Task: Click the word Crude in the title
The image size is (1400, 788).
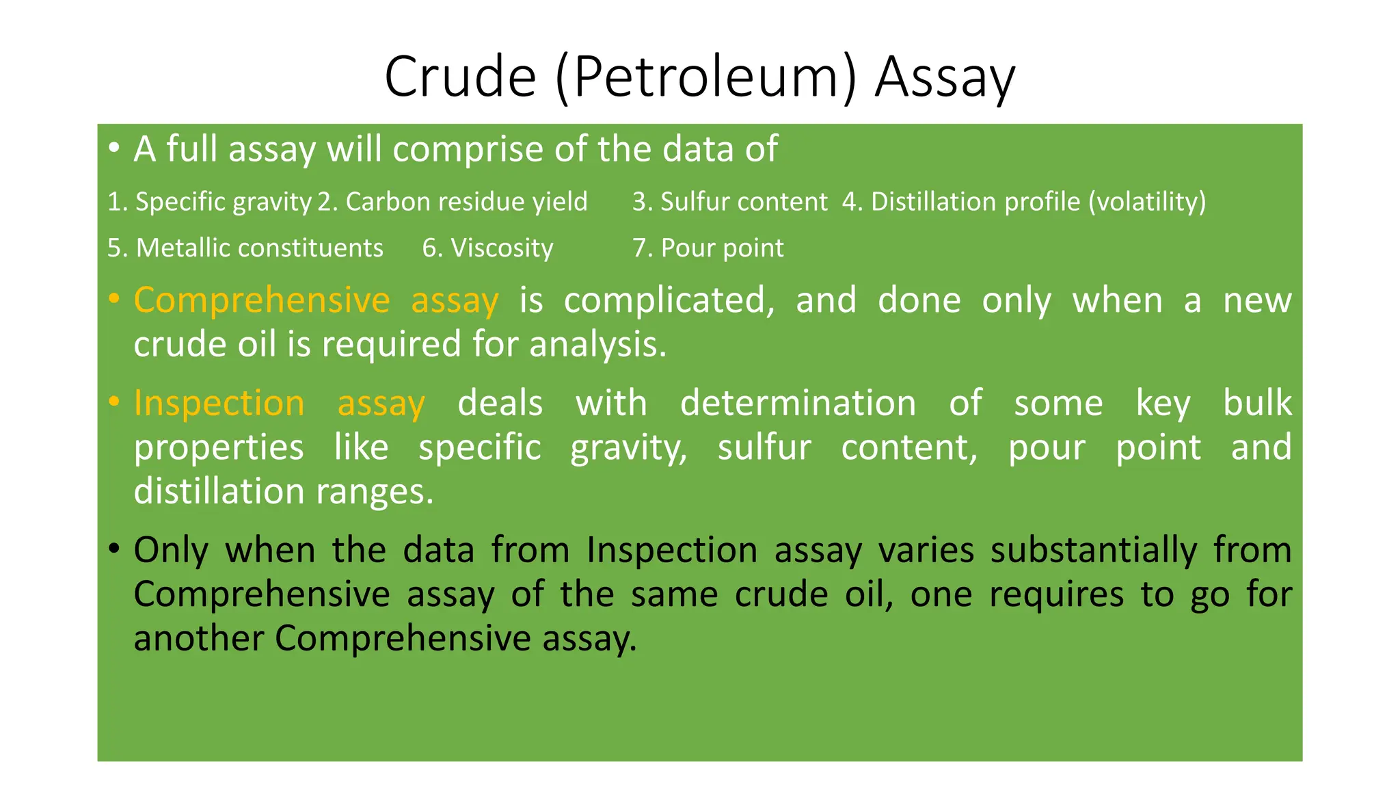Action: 460,77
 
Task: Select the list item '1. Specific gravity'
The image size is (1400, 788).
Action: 210,202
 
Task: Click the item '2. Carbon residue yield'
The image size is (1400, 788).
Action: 453,202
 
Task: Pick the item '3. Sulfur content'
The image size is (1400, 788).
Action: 729,202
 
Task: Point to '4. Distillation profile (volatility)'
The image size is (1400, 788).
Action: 1024,202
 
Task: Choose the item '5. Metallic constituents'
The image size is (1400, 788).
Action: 245,248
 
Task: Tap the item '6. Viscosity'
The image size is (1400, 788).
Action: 487,248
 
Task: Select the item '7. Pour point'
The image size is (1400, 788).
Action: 708,248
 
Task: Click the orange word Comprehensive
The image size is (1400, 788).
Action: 262,301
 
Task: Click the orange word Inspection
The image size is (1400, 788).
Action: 219,403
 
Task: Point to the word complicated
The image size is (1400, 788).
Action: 669,301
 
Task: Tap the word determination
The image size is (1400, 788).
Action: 798,403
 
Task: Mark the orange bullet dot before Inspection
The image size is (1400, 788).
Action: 114,402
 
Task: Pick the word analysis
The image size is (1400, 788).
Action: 597,344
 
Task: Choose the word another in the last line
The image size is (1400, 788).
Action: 198,638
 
